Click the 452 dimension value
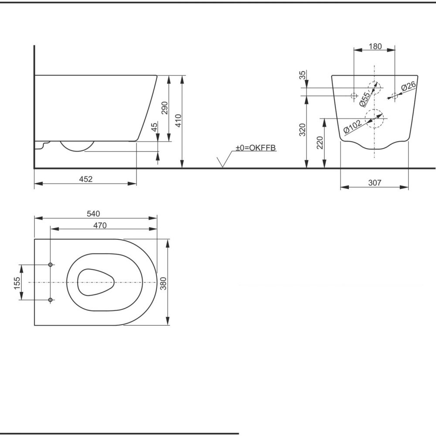coord(85,179)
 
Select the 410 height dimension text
coord(178,120)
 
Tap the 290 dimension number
coord(164,108)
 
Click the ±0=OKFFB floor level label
coord(256,148)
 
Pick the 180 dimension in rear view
coord(375,46)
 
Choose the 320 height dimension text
coord(303,129)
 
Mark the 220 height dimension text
coord(320,142)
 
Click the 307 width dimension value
coord(374,183)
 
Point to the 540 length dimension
coord(93,213)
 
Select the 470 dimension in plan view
coord(100,225)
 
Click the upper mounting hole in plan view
coord(51,265)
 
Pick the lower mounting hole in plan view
coord(51,300)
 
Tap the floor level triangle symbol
coord(223,162)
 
